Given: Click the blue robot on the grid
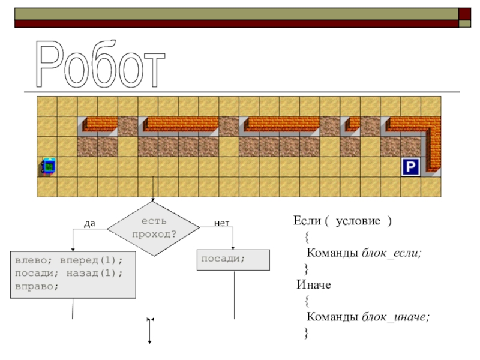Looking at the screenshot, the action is coord(47,167).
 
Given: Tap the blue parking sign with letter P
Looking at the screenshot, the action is coord(410,167).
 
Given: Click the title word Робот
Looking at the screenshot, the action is coord(100,64).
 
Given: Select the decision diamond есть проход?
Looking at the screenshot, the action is coord(154,229).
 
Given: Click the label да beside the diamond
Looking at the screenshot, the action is coord(89,223).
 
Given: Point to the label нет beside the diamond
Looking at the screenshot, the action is coord(221,223).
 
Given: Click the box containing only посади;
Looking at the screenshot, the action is coord(233,260).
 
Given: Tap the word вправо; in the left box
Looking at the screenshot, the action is coord(37,287).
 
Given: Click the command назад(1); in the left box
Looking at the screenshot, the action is coord(95,273).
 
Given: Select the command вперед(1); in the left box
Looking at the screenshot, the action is coord(91,260).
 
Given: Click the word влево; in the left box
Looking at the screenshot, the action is coord(34,260).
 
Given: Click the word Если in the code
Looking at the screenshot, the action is coord(307,220).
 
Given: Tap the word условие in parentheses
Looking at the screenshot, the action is coord(358,221).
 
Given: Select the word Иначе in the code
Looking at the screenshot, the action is coord(314,284).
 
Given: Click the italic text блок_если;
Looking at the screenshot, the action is coord(392,253).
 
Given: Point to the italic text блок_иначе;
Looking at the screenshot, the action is coord(395,317).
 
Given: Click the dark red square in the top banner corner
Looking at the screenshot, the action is coord(464,14).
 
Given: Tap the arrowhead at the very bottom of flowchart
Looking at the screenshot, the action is coord(149,341).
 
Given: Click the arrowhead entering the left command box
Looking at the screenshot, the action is coord(73,250).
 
